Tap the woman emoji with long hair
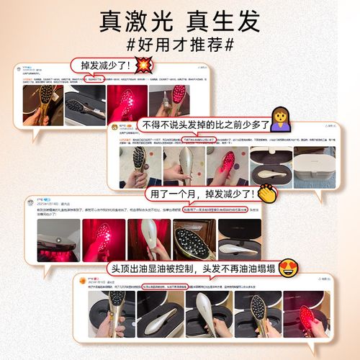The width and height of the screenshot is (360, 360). tap(279, 120)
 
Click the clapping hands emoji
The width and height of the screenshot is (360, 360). tap(268, 194)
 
